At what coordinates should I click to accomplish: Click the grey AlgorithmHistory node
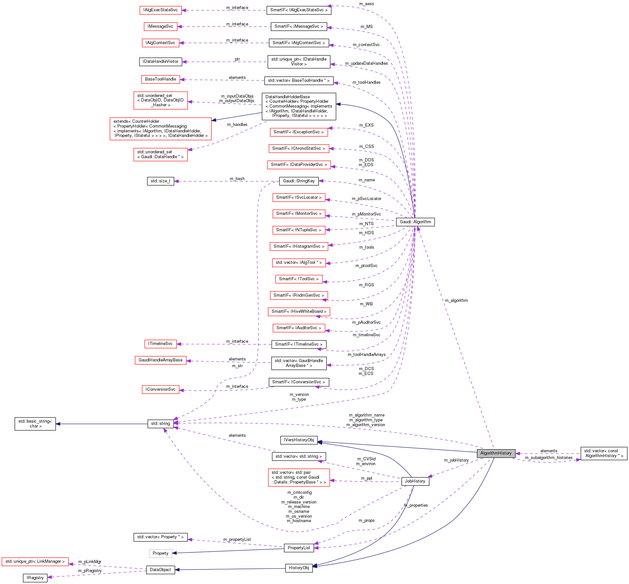point(496,453)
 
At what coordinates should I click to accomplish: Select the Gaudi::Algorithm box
point(415,222)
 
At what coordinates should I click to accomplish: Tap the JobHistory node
point(415,481)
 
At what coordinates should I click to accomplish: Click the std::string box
point(160,424)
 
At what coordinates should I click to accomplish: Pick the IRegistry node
point(35,578)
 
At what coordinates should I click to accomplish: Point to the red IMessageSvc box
point(160,26)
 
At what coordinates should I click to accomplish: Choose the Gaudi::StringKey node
point(299,181)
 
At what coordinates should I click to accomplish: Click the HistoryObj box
point(299,568)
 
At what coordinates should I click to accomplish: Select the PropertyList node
point(299,548)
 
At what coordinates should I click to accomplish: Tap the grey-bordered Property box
point(160,553)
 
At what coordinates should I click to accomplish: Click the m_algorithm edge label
point(456,301)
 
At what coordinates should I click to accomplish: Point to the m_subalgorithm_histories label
point(548,458)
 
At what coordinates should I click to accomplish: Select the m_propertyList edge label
point(237,540)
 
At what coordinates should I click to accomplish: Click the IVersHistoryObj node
point(299,440)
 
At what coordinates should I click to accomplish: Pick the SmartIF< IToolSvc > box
point(299,279)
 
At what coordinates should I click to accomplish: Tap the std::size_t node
point(160,181)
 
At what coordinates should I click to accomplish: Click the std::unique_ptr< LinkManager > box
point(35,561)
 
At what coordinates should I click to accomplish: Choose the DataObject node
point(160,570)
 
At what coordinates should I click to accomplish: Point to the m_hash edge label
point(237,179)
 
